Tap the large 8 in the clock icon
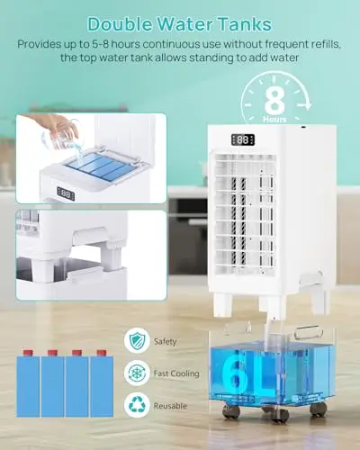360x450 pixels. (274, 100)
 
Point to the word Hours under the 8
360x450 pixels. (274, 120)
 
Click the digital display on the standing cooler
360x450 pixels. (243, 139)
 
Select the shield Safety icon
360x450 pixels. (137, 340)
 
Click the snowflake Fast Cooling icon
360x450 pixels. (137, 373)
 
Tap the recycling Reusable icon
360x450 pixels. (137, 405)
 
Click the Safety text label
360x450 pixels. (165, 341)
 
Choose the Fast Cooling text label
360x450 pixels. (176, 373)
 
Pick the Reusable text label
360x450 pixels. (170, 406)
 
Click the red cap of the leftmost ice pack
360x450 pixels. (28, 353)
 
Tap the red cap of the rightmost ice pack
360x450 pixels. (102, 353)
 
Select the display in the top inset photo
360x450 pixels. (66, 193)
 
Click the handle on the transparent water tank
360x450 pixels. (309, 331)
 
